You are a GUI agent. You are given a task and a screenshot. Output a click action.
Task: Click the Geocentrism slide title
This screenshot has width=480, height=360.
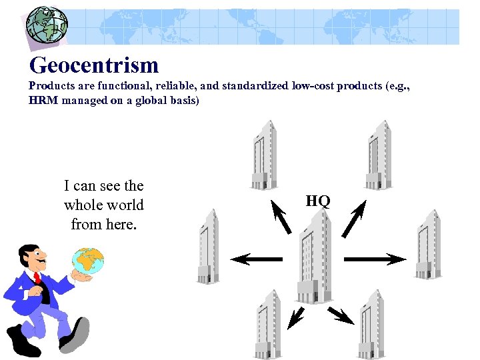click(94, 65)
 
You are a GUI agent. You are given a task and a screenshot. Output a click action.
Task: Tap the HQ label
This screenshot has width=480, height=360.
click(318, 201)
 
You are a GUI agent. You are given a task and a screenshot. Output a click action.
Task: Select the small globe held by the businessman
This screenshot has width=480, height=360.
click(89, 262)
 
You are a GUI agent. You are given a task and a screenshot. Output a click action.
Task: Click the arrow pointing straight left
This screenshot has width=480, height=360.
click(257, 259)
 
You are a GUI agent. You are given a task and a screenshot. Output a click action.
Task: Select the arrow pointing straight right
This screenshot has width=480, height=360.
click(374, 259)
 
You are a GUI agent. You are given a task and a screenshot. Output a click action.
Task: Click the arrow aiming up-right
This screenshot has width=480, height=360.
click(354, 217)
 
